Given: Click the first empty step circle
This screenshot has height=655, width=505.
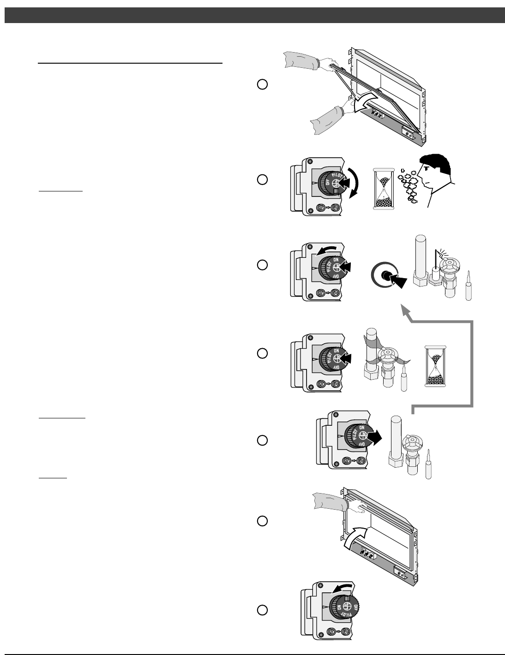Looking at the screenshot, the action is click(x=262, y=84).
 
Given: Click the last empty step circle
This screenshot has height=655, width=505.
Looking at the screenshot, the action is click(x=262, y=610).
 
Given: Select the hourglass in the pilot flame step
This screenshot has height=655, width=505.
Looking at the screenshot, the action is click(x=435, y=365).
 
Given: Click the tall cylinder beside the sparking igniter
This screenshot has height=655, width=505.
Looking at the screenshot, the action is click(x=421, y=261).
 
